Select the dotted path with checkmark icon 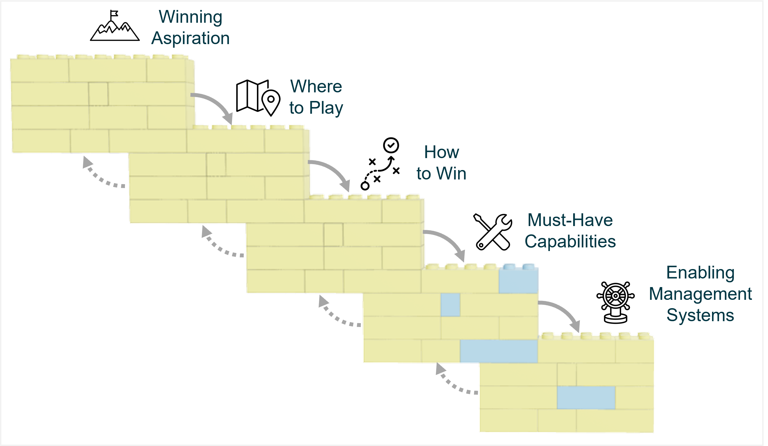click(x=380, y=164)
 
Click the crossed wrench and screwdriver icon click(x=493, y=232)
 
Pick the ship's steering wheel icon click(x=615, y=302)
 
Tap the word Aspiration click(x=190, y=39)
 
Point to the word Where click(x=316, y=86)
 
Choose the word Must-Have click(x=570, y=220)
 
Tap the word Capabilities click(x=570, y=242)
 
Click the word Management click(x=700, y=294)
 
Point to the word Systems click(x=700, y=315)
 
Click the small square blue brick click(x=450, y=305)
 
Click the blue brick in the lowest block click(x=586, y=397)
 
